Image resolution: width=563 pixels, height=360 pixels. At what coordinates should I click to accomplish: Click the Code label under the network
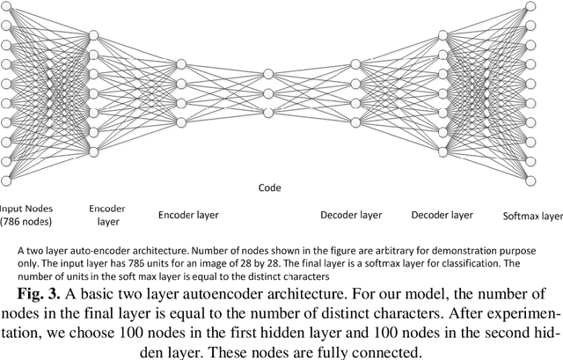(268, 187)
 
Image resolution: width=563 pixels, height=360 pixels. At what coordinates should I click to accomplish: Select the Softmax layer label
(531, 216)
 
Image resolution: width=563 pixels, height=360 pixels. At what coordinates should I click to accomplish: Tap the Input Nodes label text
(26, 209)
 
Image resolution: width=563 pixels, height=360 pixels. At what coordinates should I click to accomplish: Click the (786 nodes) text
(26, 222)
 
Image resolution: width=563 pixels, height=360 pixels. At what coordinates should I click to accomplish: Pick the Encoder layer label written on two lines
(107, 216)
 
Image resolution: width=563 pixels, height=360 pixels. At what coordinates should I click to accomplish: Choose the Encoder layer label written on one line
(188, 214)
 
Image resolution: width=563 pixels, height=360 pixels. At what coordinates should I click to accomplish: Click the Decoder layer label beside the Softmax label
(443, 214)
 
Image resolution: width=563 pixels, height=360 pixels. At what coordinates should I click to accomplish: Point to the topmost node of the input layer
(6, 6)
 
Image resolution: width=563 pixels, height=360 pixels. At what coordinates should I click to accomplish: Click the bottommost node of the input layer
(6, 180)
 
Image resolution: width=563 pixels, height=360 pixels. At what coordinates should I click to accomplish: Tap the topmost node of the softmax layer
(530, 6)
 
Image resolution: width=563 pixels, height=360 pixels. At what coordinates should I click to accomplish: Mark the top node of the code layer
(268, 74)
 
